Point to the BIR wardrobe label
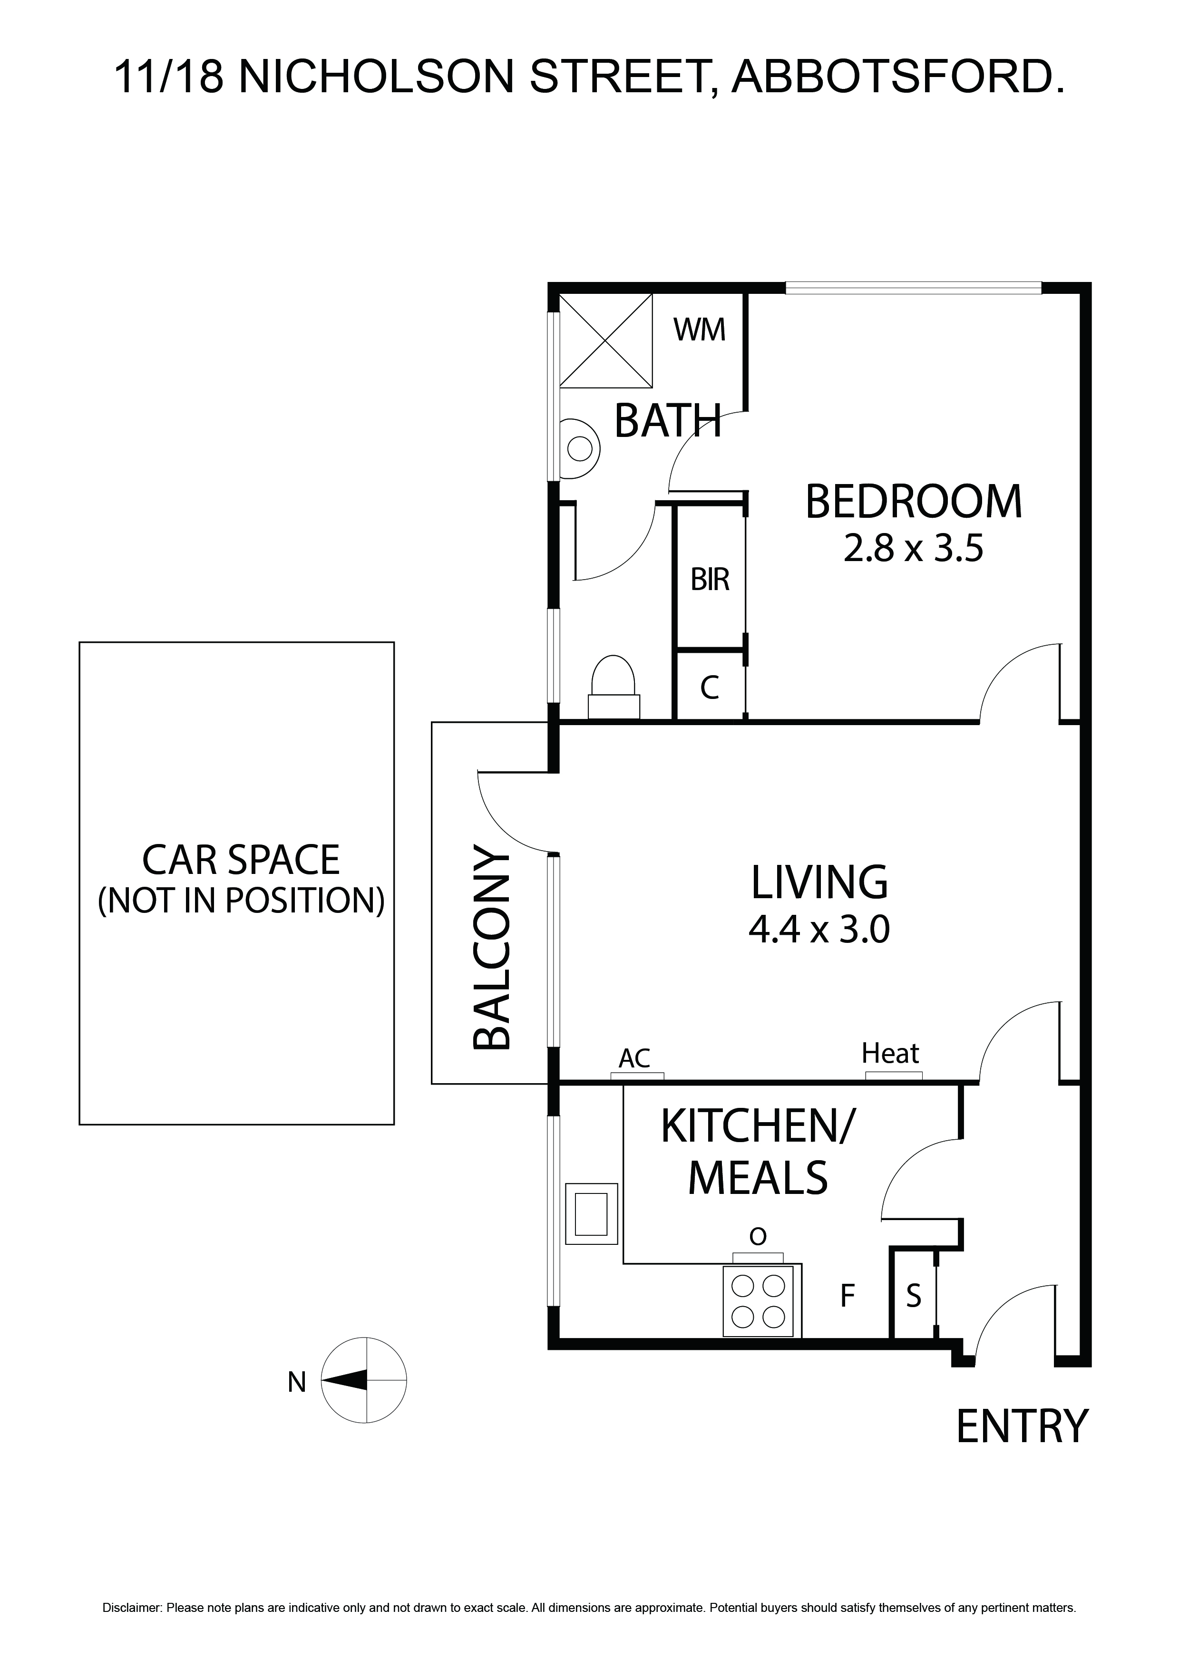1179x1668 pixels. point(710,580)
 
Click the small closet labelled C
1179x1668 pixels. point(710,687)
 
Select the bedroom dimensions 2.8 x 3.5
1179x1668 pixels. point(913,549)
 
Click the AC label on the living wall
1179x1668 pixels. point(634,1058)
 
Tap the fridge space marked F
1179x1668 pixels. point(847,1295)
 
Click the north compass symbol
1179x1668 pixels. point(363,1380)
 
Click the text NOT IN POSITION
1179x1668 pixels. point(241,901)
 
